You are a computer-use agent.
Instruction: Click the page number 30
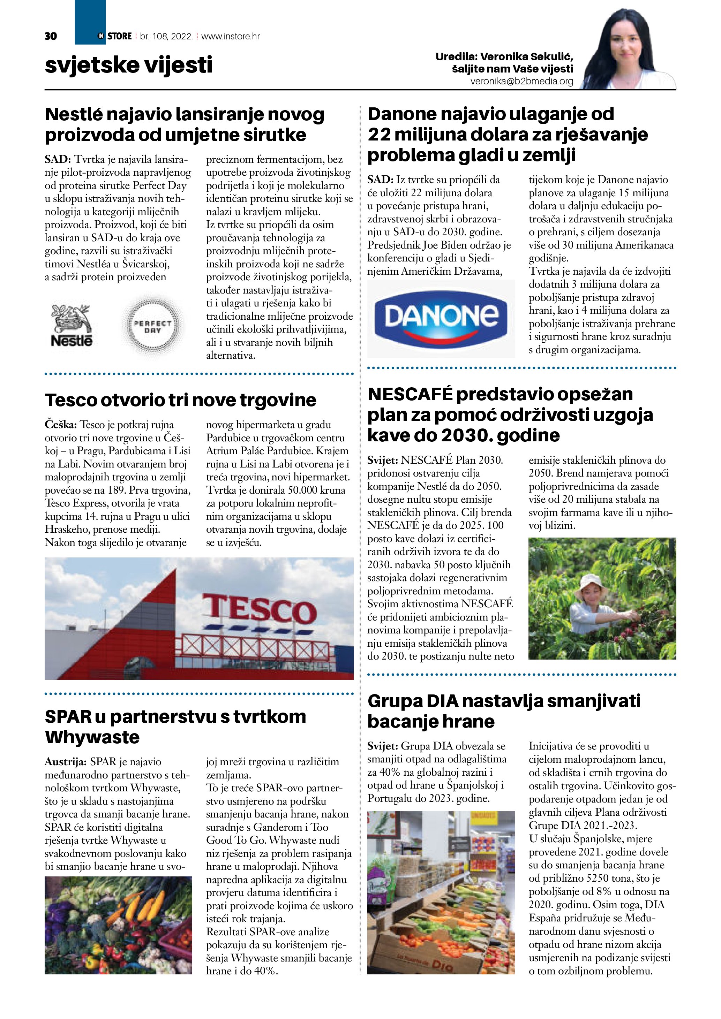[51, 36]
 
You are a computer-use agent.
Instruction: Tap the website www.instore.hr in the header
[231, 36]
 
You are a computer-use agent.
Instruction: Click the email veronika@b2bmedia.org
[522, 82]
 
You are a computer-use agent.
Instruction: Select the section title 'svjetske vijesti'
[128, 65]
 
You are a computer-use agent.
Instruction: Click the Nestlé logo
[71, 325]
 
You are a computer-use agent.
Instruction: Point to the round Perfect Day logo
[152, 327]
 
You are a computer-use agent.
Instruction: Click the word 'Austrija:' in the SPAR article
[65, 762]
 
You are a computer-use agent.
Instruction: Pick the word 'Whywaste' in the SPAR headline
[92, 737]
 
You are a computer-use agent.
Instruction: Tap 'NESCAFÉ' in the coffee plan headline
[410, 394]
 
